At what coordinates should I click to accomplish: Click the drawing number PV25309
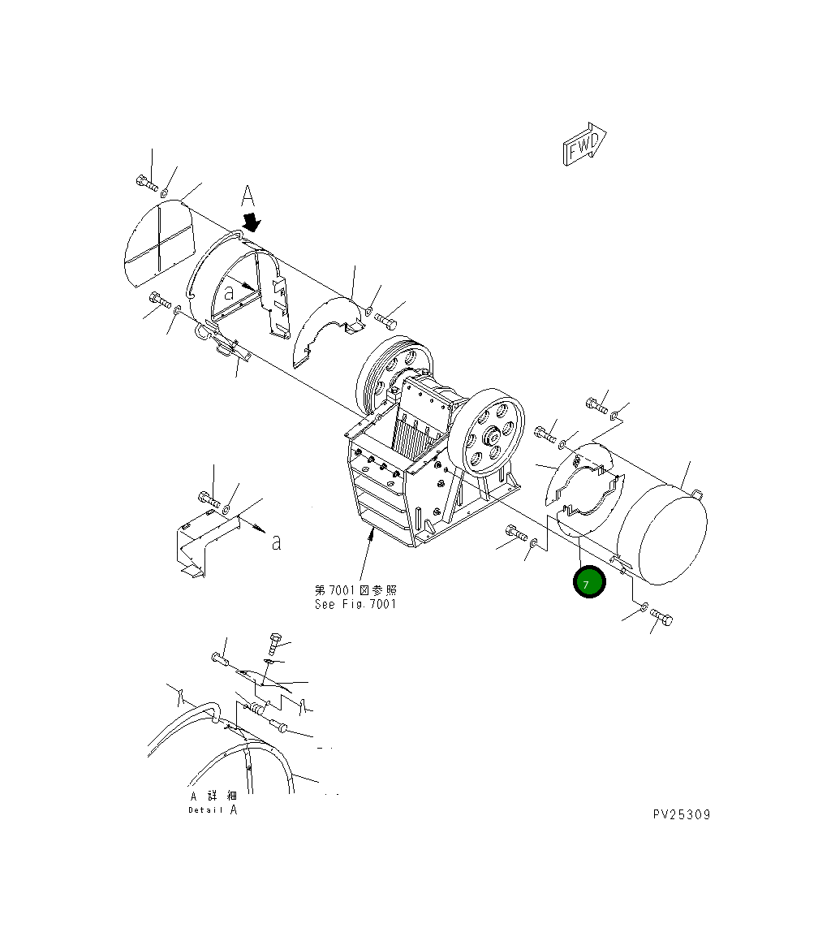click(x=680, y=814)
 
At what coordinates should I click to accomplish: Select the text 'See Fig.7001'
click(x=355, y=604)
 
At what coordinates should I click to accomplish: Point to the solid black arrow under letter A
click(x=253, y=222)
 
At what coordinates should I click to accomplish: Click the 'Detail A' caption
click(x=213, y=809)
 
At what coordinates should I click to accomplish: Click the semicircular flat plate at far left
click(x=160, y=241)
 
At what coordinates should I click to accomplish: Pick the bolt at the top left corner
click(x=146, y=182)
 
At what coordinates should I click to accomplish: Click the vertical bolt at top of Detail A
click(x=273, y=644)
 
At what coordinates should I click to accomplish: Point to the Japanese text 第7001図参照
click(x=355, y=590)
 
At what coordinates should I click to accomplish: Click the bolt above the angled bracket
click(x=208, y=498)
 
